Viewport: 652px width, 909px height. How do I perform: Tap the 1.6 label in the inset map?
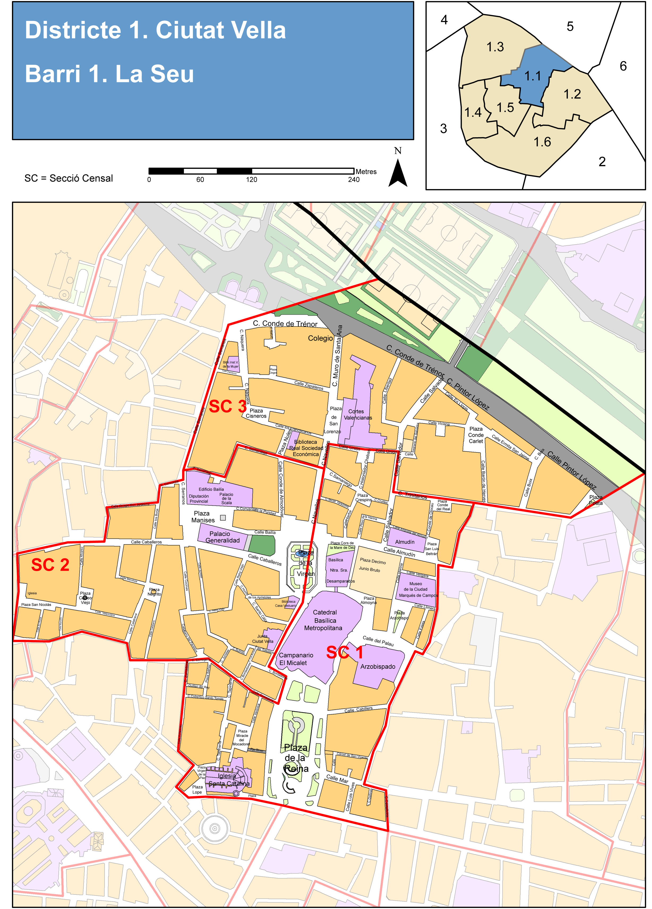(x=542, y=142)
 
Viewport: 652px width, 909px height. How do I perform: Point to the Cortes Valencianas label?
(x=357, y=414)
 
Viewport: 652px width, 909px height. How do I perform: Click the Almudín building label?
(x=405, y=542)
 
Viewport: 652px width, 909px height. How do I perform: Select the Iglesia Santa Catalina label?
(x=228, y=779)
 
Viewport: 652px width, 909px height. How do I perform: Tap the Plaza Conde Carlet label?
(x=476, y=435)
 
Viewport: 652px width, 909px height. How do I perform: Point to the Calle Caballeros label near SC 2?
(x=146, y=542)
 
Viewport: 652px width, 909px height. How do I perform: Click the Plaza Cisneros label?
(x=256, y=413)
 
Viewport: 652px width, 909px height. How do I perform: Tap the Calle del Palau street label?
(x=378, y=641)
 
